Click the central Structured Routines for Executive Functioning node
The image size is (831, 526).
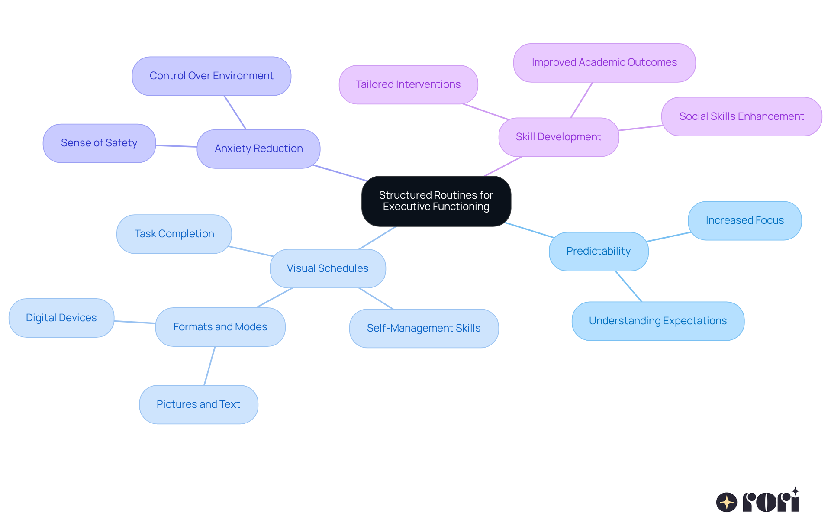tap(436, 201)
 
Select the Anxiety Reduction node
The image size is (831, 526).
tap(258, 148)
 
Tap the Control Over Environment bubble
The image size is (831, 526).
tap(211, 76)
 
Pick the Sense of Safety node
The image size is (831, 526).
tap(99, 143)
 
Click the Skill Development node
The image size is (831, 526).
tap(558, 137)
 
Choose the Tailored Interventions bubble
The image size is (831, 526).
tap(408, 84)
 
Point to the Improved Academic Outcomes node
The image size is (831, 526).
tap(604, 62)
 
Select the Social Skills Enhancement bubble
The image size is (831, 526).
tap(741, 116)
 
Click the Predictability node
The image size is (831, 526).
tap(599, 251)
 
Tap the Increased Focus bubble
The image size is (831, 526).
tap(744, 220)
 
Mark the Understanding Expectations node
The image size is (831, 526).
tap(658, 321)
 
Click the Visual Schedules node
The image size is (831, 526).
tap(328, 268)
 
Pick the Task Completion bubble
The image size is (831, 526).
tap(174, 234)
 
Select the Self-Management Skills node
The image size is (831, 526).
tap(424, 328)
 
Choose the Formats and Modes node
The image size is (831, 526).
tap(220, 327)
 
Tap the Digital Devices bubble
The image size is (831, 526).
tap(61, 318)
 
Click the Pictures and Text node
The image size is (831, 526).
tap(198, 404)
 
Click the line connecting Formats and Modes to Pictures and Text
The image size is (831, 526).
tap(209, 366)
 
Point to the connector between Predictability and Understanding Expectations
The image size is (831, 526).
tap(628, 286)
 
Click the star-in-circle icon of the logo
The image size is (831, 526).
tap(726, 502)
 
